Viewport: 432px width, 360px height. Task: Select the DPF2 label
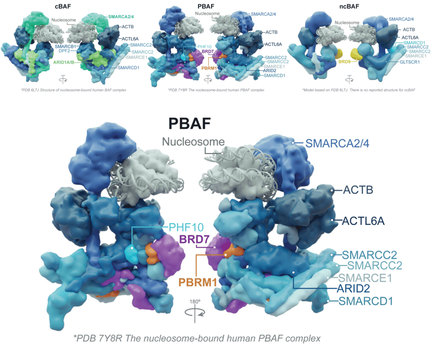69,51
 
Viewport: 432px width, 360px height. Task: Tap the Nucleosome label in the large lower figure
194,142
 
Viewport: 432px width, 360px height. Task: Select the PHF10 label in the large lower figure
186,227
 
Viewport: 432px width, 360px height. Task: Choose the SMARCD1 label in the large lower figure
366,301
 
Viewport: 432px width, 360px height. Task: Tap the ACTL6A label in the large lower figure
363,220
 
